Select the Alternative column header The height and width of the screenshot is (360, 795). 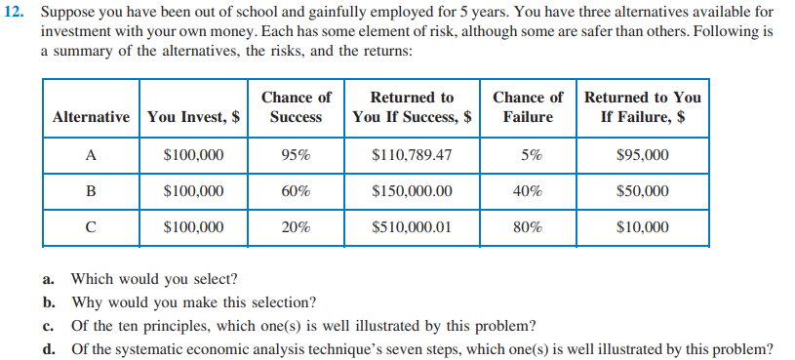pos(91,117)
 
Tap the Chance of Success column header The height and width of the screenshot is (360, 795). pos(296,107)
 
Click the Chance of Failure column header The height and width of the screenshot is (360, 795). pos(528,107)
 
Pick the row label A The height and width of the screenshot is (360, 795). pos(91,155)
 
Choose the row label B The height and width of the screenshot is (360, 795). pos(91,191)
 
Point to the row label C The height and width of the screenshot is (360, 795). pos(91,228)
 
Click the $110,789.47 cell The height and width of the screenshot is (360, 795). pos(413,155)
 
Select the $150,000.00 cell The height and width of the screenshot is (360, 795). pos(413,191)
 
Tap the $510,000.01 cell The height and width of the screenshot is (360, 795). pos(413,228)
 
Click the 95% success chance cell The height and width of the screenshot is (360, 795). pos(296,155)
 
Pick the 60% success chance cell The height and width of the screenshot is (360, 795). pos(296,191)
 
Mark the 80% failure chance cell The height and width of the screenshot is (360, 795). pos(528,228)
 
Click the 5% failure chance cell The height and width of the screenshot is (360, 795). pos(528,155)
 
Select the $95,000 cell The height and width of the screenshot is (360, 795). pos(643,155)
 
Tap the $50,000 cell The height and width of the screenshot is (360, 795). pos(643,191)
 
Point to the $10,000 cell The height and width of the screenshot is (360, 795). pos(643,228)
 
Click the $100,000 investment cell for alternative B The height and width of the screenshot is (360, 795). pos(193,191)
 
